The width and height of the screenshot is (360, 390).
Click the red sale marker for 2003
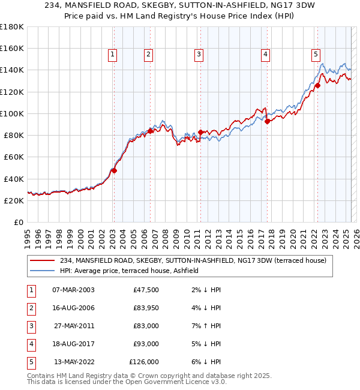coord(114,170)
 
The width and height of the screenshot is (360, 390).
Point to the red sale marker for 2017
coord(267,121)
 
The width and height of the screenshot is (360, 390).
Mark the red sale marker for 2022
coord(317,85)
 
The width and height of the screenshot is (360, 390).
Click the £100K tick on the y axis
coord(12,113)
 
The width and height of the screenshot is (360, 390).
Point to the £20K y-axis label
coord(14,201)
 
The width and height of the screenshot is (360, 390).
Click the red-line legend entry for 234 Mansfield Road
coord(193,261)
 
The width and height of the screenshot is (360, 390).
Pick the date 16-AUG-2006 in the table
coord(73,308)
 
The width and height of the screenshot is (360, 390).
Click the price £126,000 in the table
coord(144,362)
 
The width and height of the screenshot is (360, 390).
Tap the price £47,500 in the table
coord(146,290)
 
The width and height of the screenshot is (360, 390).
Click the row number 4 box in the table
coord(29,344)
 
